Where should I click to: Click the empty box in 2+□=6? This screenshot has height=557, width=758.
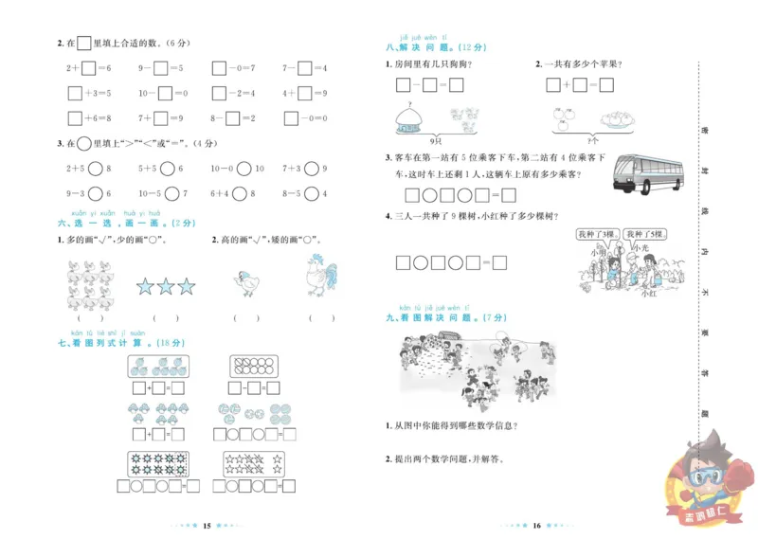(x=88, y=68)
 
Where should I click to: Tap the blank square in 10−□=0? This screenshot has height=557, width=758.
(x=165, y=93)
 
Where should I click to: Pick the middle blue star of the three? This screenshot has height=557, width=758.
(x=166, y=286)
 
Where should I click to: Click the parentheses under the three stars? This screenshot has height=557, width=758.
(x=166, y=318)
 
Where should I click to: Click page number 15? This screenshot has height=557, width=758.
(x=208, y=526)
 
